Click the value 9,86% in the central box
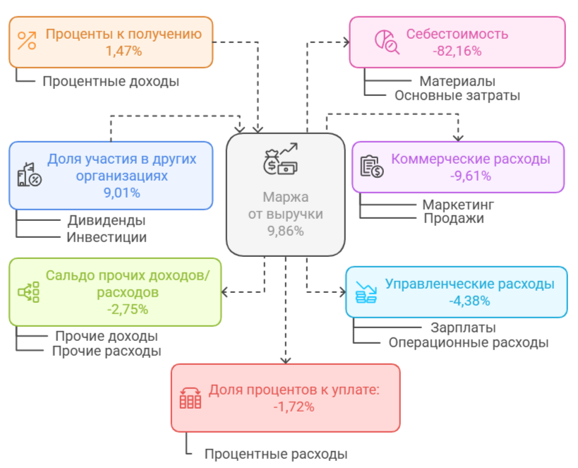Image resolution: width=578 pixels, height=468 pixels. [x=285, y=230]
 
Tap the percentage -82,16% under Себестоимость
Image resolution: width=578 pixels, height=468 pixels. [x=457, y=51]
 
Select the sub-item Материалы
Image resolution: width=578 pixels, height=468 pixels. [x=457, y=81]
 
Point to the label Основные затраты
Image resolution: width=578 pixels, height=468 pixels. [x=457, y=95]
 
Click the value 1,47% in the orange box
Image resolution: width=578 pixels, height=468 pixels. [x=124, y=51]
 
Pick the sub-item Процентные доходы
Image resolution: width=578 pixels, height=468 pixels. [x=111, y=81]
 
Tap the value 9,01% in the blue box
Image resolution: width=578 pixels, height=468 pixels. [x=121, y=192]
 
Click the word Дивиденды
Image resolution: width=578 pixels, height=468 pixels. [x=107, y=220]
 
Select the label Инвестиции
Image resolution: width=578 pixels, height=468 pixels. [x=107, y=236]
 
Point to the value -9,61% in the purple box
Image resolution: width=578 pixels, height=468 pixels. [x=470, y=176]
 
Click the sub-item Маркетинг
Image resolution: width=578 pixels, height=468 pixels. [x=458, y=205]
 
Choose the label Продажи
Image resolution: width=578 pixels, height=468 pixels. [x=454, y=218]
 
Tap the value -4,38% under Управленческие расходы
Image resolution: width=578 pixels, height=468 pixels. [x=469, y=301]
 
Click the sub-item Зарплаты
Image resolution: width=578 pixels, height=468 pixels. [x=463, y=328]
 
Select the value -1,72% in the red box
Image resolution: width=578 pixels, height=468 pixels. [x=294, y=406]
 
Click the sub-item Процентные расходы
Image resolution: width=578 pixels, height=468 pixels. [x=276, y=454]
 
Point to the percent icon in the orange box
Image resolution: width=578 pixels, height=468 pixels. [x=27, y=42]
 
